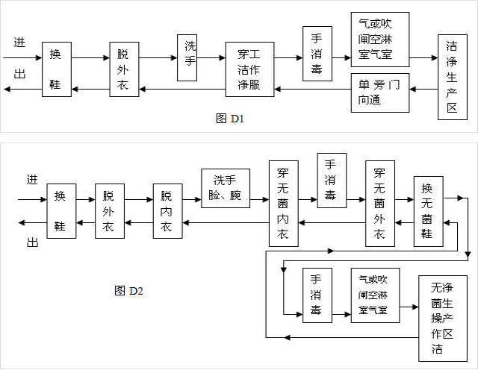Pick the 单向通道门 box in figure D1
click(x=380, y=92)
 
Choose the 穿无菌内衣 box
click(x=283, y=202)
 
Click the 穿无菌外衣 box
click(x=380, y=202)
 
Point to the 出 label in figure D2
click(x=33, y=240)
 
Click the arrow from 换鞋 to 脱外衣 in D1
click(x=90, y=57)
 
